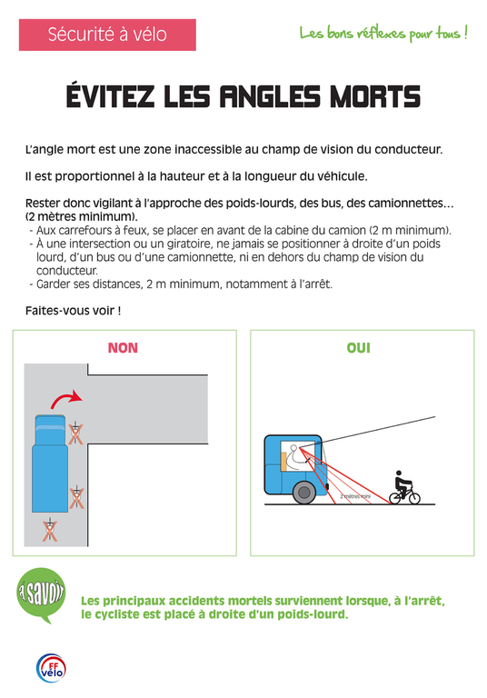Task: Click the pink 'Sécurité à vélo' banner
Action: coord(107,35)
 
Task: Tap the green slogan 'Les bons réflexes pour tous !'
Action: coord(383,34)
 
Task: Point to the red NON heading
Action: coord(123,348)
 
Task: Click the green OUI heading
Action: coord(358,348)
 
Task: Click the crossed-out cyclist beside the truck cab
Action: coord(75,434)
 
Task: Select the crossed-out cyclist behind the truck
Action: coord(50,530)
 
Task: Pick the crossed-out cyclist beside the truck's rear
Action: coord(77,497)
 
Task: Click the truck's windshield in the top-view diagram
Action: coord(50,428)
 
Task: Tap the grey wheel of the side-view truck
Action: coord(304,493)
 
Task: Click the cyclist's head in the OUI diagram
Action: coord(399,474)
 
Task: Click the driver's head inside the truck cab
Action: coord(293,447)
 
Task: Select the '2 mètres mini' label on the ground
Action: coord(355,496)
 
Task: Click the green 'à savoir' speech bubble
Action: coord(41,593)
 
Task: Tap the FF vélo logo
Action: coord(51,668)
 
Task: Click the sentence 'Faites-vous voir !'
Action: coord(73,310)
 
